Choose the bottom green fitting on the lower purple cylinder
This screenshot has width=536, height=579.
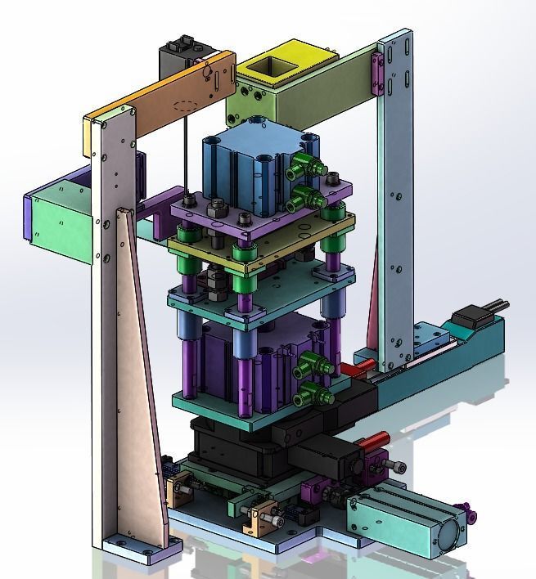point(315,396)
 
